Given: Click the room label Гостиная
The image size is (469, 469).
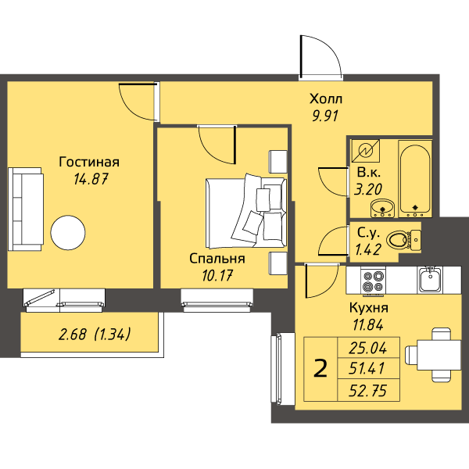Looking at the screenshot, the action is coord(89,162).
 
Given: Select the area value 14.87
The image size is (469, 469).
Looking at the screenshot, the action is coord(91,179).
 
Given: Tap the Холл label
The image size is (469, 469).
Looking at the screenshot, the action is coord(326,98).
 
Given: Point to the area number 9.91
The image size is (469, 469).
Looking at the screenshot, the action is coord(325,116).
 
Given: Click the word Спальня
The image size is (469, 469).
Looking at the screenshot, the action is coord(217,259).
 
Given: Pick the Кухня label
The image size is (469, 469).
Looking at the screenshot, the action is coord(369,307).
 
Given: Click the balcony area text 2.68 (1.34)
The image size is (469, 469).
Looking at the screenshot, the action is coord(95,334).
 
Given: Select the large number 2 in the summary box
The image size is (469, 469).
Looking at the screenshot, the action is coord(320,369).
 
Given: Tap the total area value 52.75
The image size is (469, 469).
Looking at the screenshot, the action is coord(368,391).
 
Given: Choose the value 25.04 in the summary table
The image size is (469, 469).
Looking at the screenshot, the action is coord(368,349).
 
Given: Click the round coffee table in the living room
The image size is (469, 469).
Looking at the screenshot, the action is coord(68,233).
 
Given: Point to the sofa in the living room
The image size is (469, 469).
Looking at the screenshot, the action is coord(26,209).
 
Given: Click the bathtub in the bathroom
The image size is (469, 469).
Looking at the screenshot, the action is coord(415,178).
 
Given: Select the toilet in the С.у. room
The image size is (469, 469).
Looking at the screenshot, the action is coord(403,240).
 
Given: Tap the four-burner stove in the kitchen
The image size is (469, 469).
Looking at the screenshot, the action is coord(373,281).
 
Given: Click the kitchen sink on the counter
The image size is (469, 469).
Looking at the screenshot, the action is coord(430,280).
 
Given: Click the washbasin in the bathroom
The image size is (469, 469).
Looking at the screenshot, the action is coord(382,208).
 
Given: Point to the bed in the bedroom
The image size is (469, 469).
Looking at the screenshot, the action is coord(246,211).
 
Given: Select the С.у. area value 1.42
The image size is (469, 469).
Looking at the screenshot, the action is coord(368,250).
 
